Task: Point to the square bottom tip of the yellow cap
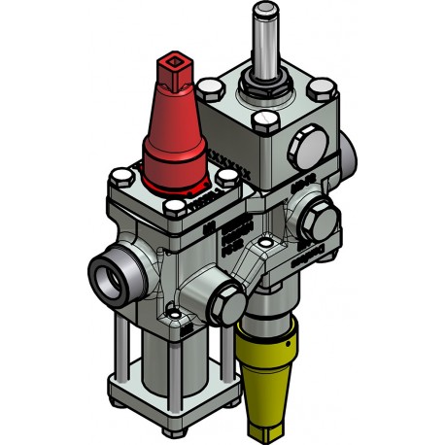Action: [x=264, y=428]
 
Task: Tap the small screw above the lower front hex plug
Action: [x=173, y=318]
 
